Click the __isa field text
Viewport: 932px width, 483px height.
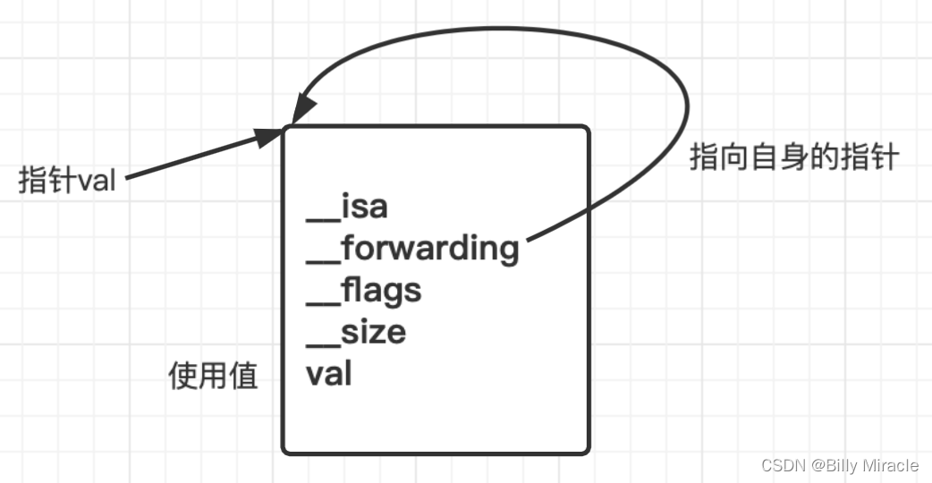coord(347,207)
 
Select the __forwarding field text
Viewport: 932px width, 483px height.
coord(412,249)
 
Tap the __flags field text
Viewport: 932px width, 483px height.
coord(363,290)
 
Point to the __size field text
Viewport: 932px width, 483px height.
coord(356,332)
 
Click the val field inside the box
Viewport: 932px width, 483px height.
coord(329,373)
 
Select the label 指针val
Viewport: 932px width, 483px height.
coord(68,181)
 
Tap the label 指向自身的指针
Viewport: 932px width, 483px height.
coord(793,158)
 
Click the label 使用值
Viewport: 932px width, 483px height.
coord(214,375)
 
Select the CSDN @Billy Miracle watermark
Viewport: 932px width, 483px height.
coord(840,465)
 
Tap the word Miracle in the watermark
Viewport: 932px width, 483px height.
coord(891,465)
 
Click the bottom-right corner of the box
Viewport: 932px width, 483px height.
coord(588,450)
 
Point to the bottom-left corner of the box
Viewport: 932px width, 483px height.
coord(284,450)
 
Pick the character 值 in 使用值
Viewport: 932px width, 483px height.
coord(243,375)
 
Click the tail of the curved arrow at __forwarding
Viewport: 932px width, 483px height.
coord(530,240)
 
